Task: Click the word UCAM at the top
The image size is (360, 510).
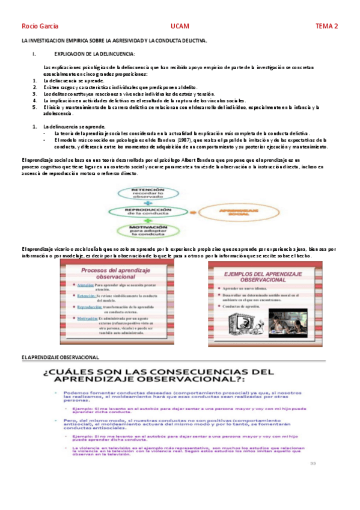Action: [180, 26]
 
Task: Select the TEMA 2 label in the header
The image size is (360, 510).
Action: [327, 26]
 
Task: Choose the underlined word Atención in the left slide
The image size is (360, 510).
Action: [85, 285]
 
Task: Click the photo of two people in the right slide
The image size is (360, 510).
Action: [282, 324]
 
